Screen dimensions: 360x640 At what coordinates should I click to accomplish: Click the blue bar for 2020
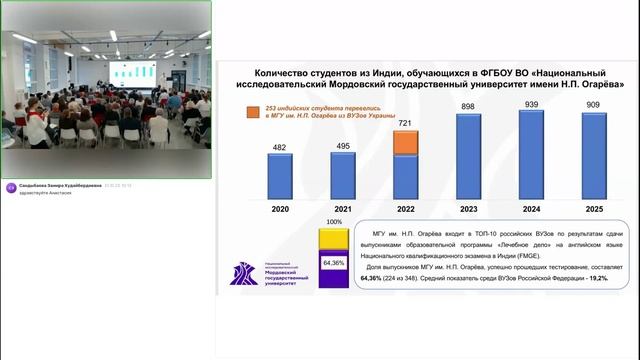click(280, 176)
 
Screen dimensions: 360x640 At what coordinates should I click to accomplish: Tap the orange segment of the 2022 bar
click(406, 142)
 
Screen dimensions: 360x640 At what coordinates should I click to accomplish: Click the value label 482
click(280, 148)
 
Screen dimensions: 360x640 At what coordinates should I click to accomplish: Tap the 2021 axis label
click(343, 210)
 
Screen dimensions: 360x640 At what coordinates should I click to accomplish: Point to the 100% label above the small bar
click(334, 222)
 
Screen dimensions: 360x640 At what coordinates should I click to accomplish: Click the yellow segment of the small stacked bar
click(334, 240)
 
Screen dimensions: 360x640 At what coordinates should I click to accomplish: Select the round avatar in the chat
click(11, 187)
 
